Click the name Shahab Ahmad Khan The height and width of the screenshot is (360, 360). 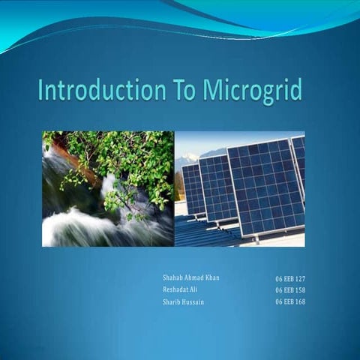[x=191, y=277]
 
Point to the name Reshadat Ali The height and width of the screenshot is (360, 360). [x=180, y=289]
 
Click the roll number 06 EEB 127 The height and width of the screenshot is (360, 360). [x=289, y=278]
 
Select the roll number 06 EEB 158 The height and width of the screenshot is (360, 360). [x=289, y=289]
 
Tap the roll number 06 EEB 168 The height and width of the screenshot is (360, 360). [x=289, y=301]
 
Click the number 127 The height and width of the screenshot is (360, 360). [x=299, y=278]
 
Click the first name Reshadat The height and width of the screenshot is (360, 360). [x=175, y=289]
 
